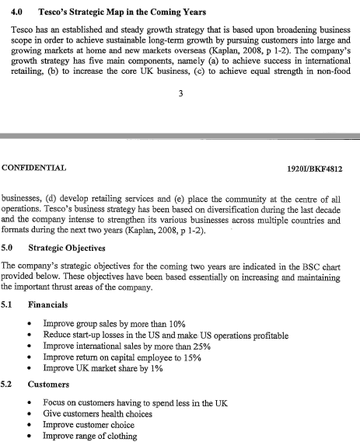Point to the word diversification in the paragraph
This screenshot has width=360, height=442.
click(205, 210)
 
